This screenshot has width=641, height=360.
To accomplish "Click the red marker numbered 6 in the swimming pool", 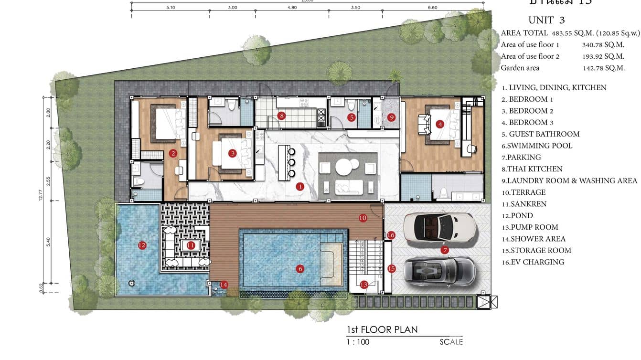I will coord(300,269).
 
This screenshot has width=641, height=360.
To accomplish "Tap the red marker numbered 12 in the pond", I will coord(141,245).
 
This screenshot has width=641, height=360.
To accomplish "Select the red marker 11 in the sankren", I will coord(191,245).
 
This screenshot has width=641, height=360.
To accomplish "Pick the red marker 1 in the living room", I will coord(300,187).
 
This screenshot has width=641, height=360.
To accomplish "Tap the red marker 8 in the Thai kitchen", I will coord(282,116).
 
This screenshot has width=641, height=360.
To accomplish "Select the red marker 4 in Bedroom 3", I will coord(440,124).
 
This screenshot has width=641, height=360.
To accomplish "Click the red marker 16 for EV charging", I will coord(391,235).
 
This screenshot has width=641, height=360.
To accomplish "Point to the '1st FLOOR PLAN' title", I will coord(382,329).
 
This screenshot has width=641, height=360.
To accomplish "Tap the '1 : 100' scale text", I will coord(358,342).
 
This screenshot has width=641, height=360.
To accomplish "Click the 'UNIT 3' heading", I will coord(546,20).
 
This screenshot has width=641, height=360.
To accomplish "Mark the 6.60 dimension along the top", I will coord(432,8).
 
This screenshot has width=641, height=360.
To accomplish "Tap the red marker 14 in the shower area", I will coord(224,285).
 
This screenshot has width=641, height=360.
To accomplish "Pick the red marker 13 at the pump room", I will coord(364,285).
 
